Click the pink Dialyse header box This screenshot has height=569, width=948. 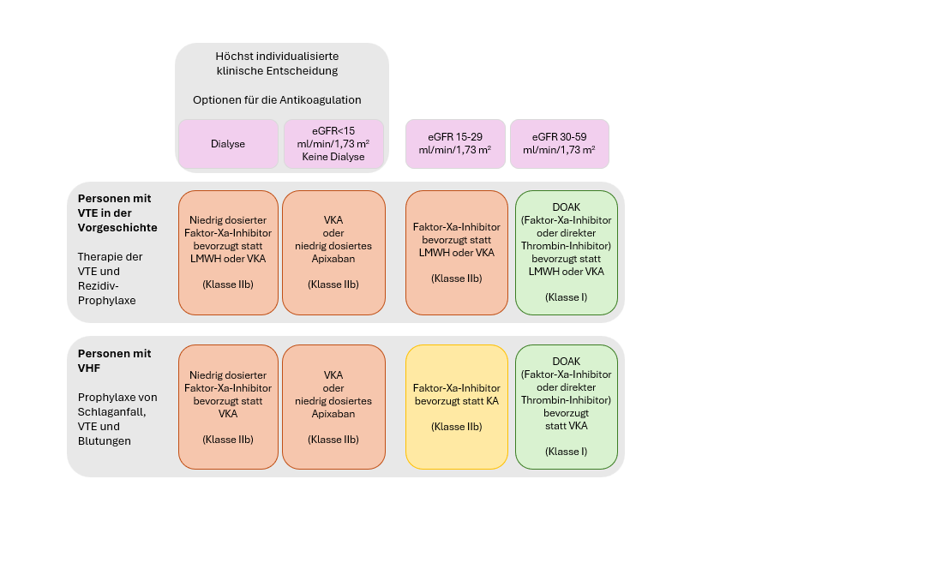(228, 144)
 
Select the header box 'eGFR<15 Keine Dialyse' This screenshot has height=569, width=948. (333, 144)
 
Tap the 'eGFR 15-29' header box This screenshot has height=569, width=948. (455, 144)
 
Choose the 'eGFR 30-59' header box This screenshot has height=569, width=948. (559, 144)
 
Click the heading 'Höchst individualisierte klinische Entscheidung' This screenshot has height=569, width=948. (277, 63)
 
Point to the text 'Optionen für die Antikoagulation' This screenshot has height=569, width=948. (277, 99)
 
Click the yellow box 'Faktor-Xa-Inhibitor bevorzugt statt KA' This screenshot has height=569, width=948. (457, 407)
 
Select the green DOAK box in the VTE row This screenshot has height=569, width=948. (567, 253)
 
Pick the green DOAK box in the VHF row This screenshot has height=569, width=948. (567, 407)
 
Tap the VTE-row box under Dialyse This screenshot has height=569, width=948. (228, 253)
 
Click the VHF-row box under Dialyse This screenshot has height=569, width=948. (228, 407)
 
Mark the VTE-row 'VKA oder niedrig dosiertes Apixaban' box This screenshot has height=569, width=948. (333, 253)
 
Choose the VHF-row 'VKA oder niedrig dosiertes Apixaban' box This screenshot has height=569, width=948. (333, 407)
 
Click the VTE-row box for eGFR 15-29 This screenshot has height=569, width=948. (457, 253)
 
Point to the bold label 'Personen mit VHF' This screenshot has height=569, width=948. (114, 361)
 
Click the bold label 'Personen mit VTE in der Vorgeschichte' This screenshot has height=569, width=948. (117, 213)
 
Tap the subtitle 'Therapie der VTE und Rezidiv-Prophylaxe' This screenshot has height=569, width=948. (110, 279)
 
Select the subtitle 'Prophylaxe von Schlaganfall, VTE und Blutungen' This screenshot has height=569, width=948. (117, 419)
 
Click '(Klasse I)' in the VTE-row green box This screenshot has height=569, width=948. (566, 296)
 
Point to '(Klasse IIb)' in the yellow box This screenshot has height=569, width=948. (457, 427)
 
